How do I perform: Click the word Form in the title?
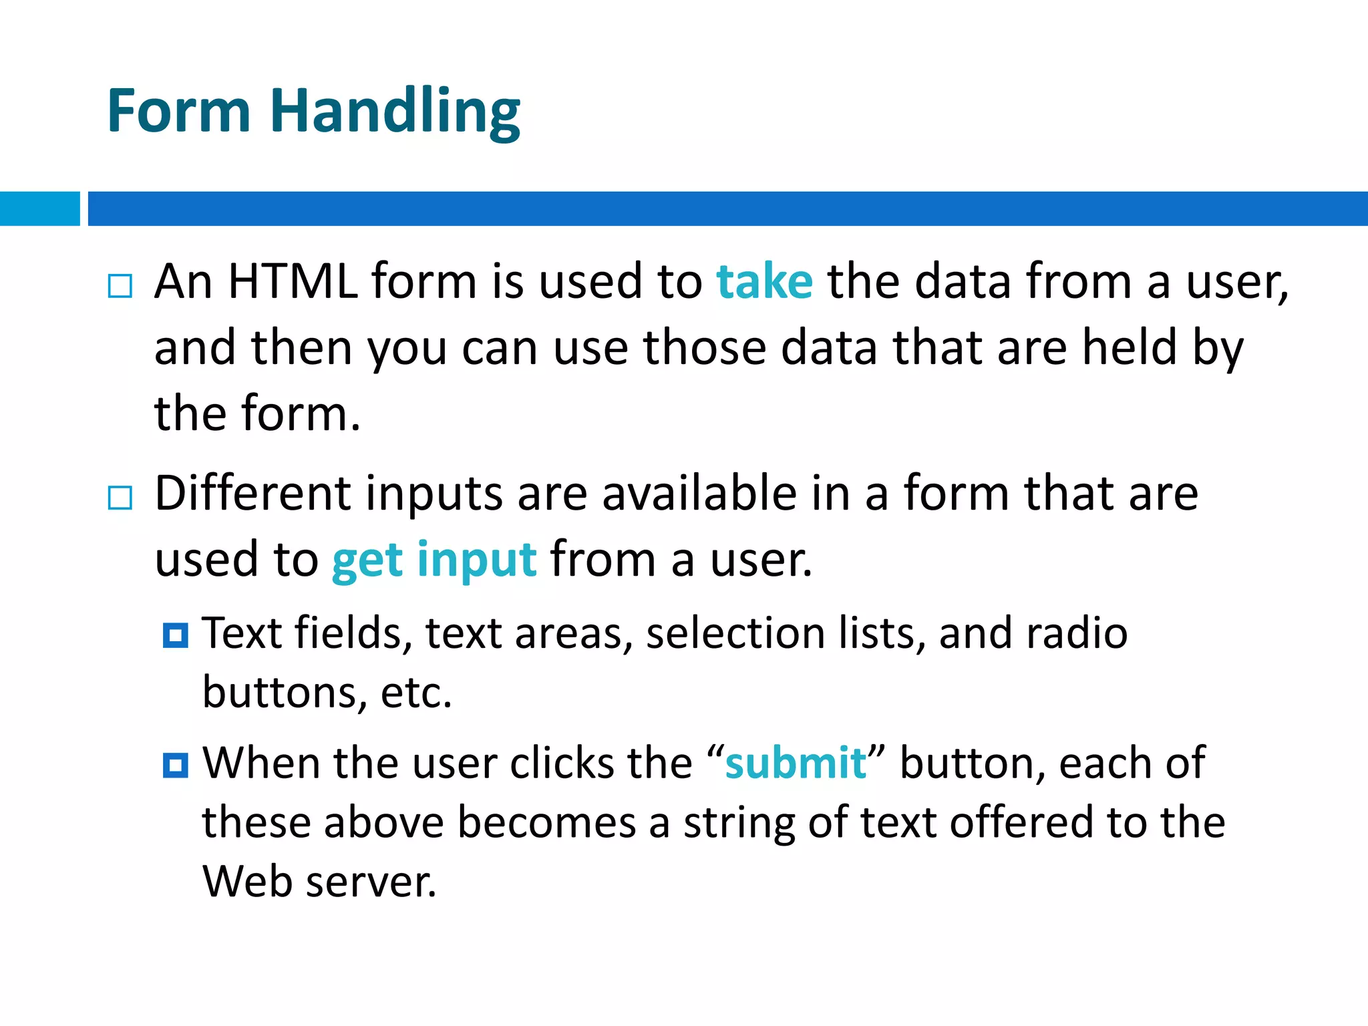tap(178, 111)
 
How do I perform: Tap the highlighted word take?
tap(764, 281)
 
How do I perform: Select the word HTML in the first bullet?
tap(292, 281)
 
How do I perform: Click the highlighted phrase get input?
tap(434, 559)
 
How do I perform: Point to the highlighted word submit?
tap(795, 762)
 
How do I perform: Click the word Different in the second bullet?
tap(252, 494)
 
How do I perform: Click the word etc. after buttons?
tap(416, 692)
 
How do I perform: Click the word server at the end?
tap(371, 882)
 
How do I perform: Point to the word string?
tap(739, 823)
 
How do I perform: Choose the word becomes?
tap(546, 822)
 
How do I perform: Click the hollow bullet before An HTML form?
tap(120, 286)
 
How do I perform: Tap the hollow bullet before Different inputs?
tap(120, 498)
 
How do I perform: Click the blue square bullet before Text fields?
tap(176, 635)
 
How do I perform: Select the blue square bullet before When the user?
tap(176, 765)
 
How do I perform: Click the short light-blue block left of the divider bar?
tap(39, 208)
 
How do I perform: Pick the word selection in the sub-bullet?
tap(735, 633)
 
